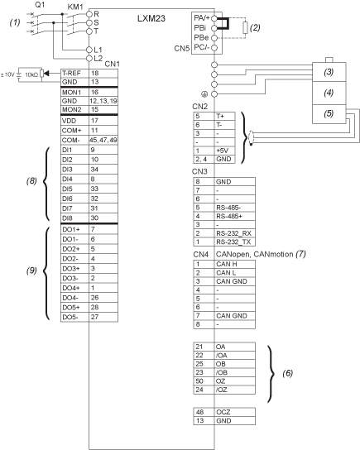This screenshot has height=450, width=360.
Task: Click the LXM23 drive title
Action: pyautogui.click(x=151, y=19)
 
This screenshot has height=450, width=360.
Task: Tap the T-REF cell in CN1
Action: pyautogui.click(x=74, y=73)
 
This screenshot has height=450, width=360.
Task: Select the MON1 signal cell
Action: pyautogui.click(x=74, y=92)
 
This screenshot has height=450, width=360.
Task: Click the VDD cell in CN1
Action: pyautogui.click(x=74, y=121)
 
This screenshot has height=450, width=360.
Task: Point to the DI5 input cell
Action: pyautogui.click(x=74, y=189)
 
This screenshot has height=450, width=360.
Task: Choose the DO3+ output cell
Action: pyautogui.click(x=74, y=269)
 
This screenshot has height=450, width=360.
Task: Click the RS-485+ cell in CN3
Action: pyautogui.click(x=235, y=216)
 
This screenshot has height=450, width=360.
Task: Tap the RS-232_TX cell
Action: pyautogui.click(x=235, y=242)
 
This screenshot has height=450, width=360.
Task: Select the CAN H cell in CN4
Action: pyautogui.click(x=235, y=264)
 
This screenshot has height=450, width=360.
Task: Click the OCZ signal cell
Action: pyautogui.click(x=235, y=412)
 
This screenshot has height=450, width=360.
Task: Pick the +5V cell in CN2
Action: pyautogui.click(x=224, y=151)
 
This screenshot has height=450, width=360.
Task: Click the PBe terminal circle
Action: pyautogui.click(x=214, y=38)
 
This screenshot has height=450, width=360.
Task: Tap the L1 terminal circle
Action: pyautogui.click(x=89, y=50)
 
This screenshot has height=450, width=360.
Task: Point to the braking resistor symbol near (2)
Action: pyautogui.click(x=245, y=28)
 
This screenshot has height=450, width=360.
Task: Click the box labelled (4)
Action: pyautogui.click(x=329, y=93)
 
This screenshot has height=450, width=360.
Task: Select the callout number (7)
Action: pyautogui.click(x=301, y=254)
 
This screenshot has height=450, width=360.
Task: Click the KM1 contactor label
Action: pyautogui.click(x=75, y=7)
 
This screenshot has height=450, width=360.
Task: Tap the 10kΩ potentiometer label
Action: pyautogui.click(x=31, y=74)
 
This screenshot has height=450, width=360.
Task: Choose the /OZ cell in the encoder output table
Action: pyautogui.click(x=235, y=390)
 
